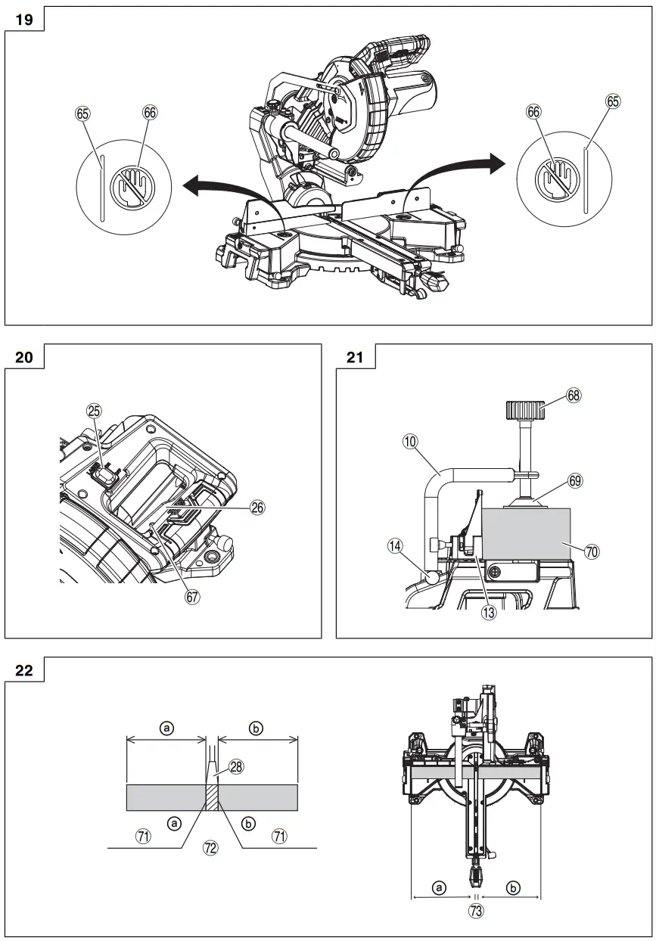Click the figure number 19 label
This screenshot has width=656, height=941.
coord(24,20)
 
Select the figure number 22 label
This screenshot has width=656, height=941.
coord(24,670)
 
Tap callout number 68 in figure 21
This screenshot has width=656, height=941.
coord(574,395)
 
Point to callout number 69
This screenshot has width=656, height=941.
coord(575,481)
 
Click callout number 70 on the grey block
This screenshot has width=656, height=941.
coord(592,552)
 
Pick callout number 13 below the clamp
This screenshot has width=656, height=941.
coord(489,613)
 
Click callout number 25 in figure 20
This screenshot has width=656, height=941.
coord(95,411)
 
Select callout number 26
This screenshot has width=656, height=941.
coord(257,508)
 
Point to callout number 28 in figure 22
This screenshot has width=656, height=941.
coord(236,767)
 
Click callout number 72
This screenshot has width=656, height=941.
coord(210,848)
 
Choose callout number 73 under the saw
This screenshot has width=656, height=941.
coord(475,911)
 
